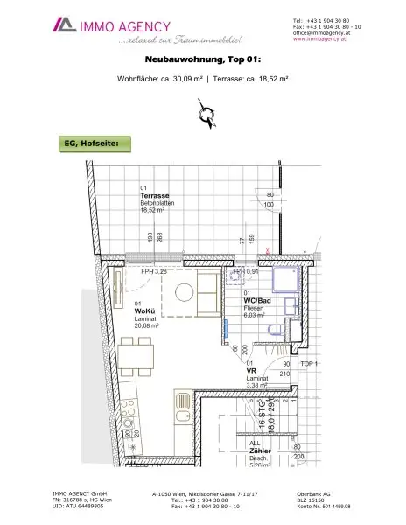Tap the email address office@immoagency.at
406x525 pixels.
[324, 32]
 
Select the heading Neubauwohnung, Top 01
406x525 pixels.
[202, 62]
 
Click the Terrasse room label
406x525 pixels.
[155, 195]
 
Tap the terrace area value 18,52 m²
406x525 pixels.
[154, 210]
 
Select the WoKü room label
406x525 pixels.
[145, 311]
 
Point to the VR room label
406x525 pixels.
[250, 370]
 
